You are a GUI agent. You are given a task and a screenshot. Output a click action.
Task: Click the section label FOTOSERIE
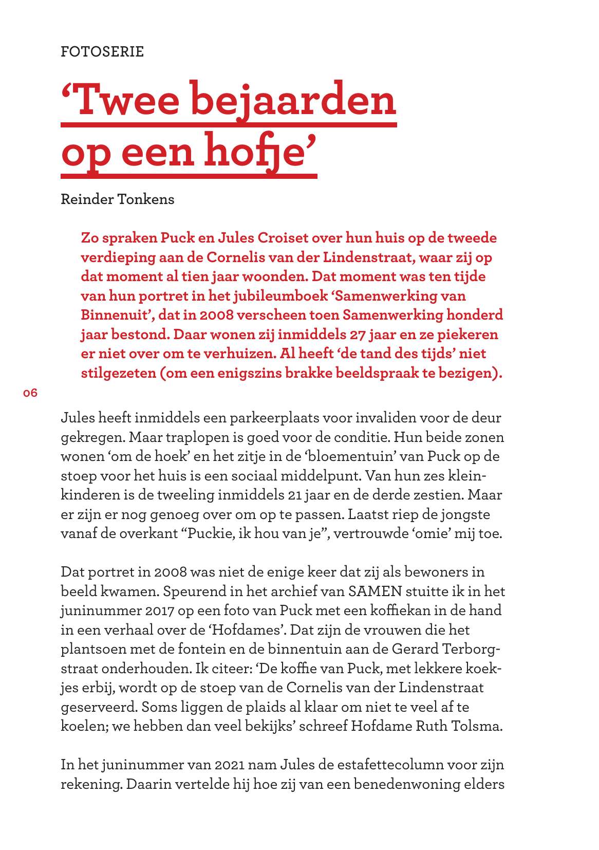click(x=102, y=51)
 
